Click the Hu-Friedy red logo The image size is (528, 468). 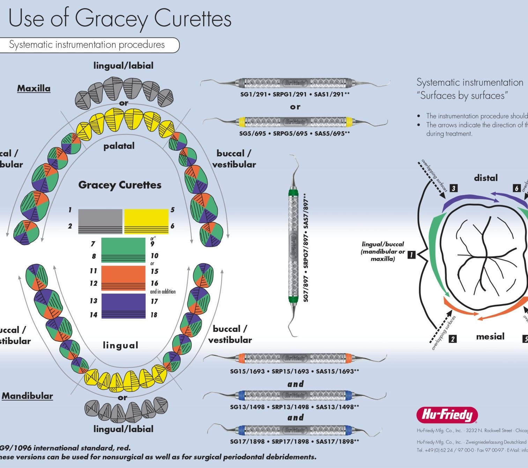(447, 415)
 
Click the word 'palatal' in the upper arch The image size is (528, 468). (119, 146)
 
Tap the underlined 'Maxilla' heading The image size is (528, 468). (34, 88)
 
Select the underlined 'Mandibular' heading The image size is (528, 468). (28, 396)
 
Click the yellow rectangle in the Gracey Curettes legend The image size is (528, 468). (146, 221)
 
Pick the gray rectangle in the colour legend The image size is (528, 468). (100, 221)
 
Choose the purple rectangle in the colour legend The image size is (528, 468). (123, 306)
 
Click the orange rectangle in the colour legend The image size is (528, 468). (123, 278)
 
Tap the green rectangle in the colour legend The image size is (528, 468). (123, 250)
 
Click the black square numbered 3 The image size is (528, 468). (453, 188)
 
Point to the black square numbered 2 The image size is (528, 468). (453, 339)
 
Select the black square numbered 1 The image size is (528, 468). (411, 255)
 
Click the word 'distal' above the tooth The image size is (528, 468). (486, 178)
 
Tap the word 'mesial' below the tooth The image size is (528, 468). (490, 336)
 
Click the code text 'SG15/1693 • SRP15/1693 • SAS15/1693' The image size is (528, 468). (294, 371)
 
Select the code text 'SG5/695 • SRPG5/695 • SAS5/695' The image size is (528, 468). (294, 133)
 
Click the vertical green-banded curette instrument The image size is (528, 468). (293, 244)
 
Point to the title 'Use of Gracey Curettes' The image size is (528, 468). (120, 18)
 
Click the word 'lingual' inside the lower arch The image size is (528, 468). (120, 345)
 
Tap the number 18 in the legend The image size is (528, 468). (154, 315)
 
